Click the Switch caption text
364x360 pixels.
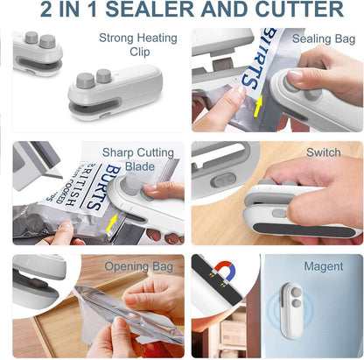click(324, 152)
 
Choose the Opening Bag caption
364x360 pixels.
click(137, 265)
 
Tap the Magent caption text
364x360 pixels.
click(323, 265)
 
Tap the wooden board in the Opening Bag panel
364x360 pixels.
click(39, 337)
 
